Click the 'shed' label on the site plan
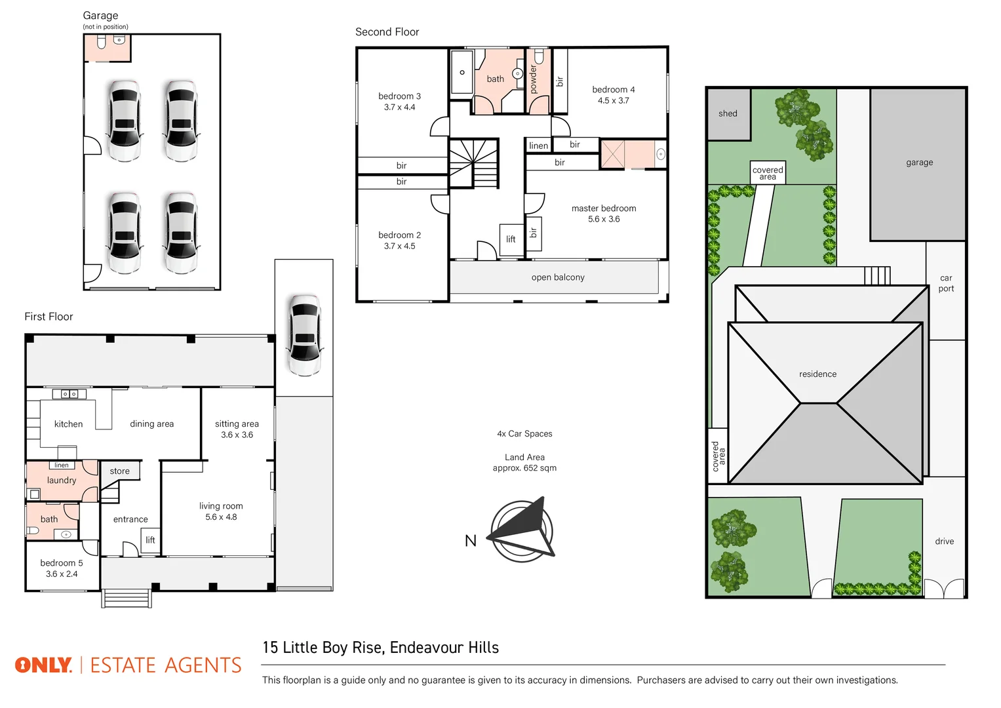click(728, 113)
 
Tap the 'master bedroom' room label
click(603, 208)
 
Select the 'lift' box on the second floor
click(511, 239)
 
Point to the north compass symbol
click(522, 531)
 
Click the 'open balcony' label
click(558, 277)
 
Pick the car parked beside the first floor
click(304, 335)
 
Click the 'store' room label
click(119, 471)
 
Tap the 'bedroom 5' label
click(62, 563)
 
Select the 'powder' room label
click(534, 79)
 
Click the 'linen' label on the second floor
click(538, 146)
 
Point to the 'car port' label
click(946, 283)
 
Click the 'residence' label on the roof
click(817, 374)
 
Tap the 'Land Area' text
click(524, 458)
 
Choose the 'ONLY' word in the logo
click(43, 665)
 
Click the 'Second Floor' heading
click(387, 32)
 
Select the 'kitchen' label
click(68, 424)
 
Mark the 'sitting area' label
click(237, 424)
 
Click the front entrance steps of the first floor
click(127, 599)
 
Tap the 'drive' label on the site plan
click(944, 541)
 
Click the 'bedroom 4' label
click(613, 90)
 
